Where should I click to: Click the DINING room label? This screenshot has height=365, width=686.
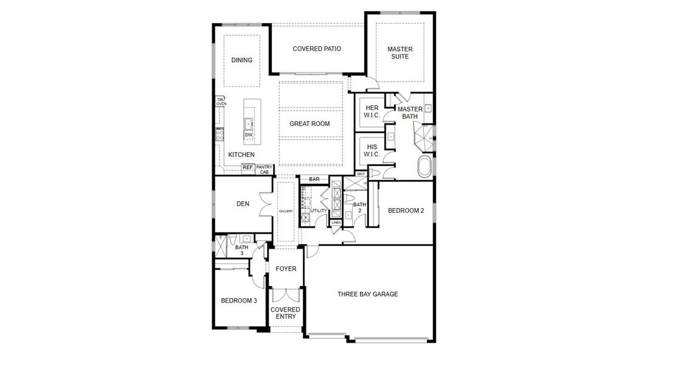pyautogui.click(x=241, y=60)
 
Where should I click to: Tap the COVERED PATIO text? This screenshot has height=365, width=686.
pyautogui.click(x=316, y=49)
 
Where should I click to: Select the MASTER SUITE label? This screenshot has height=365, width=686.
pyautogui.click(x=400, y=53)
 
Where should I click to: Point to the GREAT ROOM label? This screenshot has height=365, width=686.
pyautogui.click(x=309, y=123)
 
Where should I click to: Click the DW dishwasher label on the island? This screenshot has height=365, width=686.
pyautogui.click(x=249, y=134)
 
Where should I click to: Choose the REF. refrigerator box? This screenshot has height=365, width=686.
pyautogui.click(x=248, y=167)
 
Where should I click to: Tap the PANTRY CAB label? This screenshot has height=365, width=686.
pyautogui.click(x=264, y=170)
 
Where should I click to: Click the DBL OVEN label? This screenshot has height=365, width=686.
pyautogui.click(x=220, y=102)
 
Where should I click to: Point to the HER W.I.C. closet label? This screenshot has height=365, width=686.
pyautogui.click(x=372, y=111)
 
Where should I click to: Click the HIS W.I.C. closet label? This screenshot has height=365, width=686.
pyautogui.click(x=372, y=150)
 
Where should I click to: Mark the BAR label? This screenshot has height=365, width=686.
pyautogui.click(x=314, y=179)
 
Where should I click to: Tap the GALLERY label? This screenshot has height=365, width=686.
pyautogui.click(x=286, y=211)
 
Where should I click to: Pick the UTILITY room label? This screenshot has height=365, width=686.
pyautogui.click(x=319, y=211)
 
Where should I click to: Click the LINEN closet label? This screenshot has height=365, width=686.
pyautogui.click(x=336, y=223)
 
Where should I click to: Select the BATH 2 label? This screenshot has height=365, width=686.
pyautogui.click(x=359, y=207)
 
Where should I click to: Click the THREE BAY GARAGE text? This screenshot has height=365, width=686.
pyautogui.click(x=367, y=294)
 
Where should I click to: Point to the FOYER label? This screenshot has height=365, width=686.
pyautogui.click(x=286, y=268)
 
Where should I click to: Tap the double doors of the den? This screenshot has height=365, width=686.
pyautogui.click(x=266, y=204)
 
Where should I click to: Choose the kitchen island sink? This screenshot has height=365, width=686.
pyautogui.click(x=249, y=124)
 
